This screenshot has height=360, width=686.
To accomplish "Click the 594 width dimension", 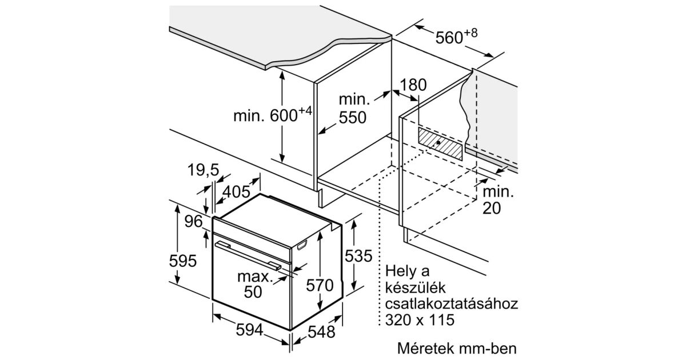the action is click(x=249, y=330).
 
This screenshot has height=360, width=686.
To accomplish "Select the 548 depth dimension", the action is click(x=321, y=332).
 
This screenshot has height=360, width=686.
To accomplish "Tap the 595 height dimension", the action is click(x=183, y=261).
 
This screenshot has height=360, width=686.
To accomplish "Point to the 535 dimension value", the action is click(x=358, y=256).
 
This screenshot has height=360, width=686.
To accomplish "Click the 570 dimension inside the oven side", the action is click(x=320, y=285).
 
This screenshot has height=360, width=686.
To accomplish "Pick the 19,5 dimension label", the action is click(x=204, y=170).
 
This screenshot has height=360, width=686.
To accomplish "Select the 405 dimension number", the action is click(x=236, y=192).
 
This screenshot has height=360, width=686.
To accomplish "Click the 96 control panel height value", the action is click(x=194, y=221).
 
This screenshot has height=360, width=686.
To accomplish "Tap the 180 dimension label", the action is click(x=413, y=85).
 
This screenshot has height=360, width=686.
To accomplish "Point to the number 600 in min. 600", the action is click(x=284, y=115).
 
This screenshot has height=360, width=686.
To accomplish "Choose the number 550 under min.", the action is click(x=353, y=118).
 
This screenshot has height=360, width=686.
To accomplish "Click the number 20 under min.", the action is click(x=492, y=209).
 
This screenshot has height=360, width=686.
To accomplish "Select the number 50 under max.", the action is click(x=253, y=292).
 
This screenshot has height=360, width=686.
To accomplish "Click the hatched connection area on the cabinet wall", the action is click(x=440, y=143).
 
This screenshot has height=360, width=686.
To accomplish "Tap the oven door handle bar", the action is click(x=248, y=255).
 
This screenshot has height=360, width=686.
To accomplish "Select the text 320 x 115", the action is click(x=420, y=320).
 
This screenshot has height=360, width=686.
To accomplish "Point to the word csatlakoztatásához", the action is click(x=452, y=304).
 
